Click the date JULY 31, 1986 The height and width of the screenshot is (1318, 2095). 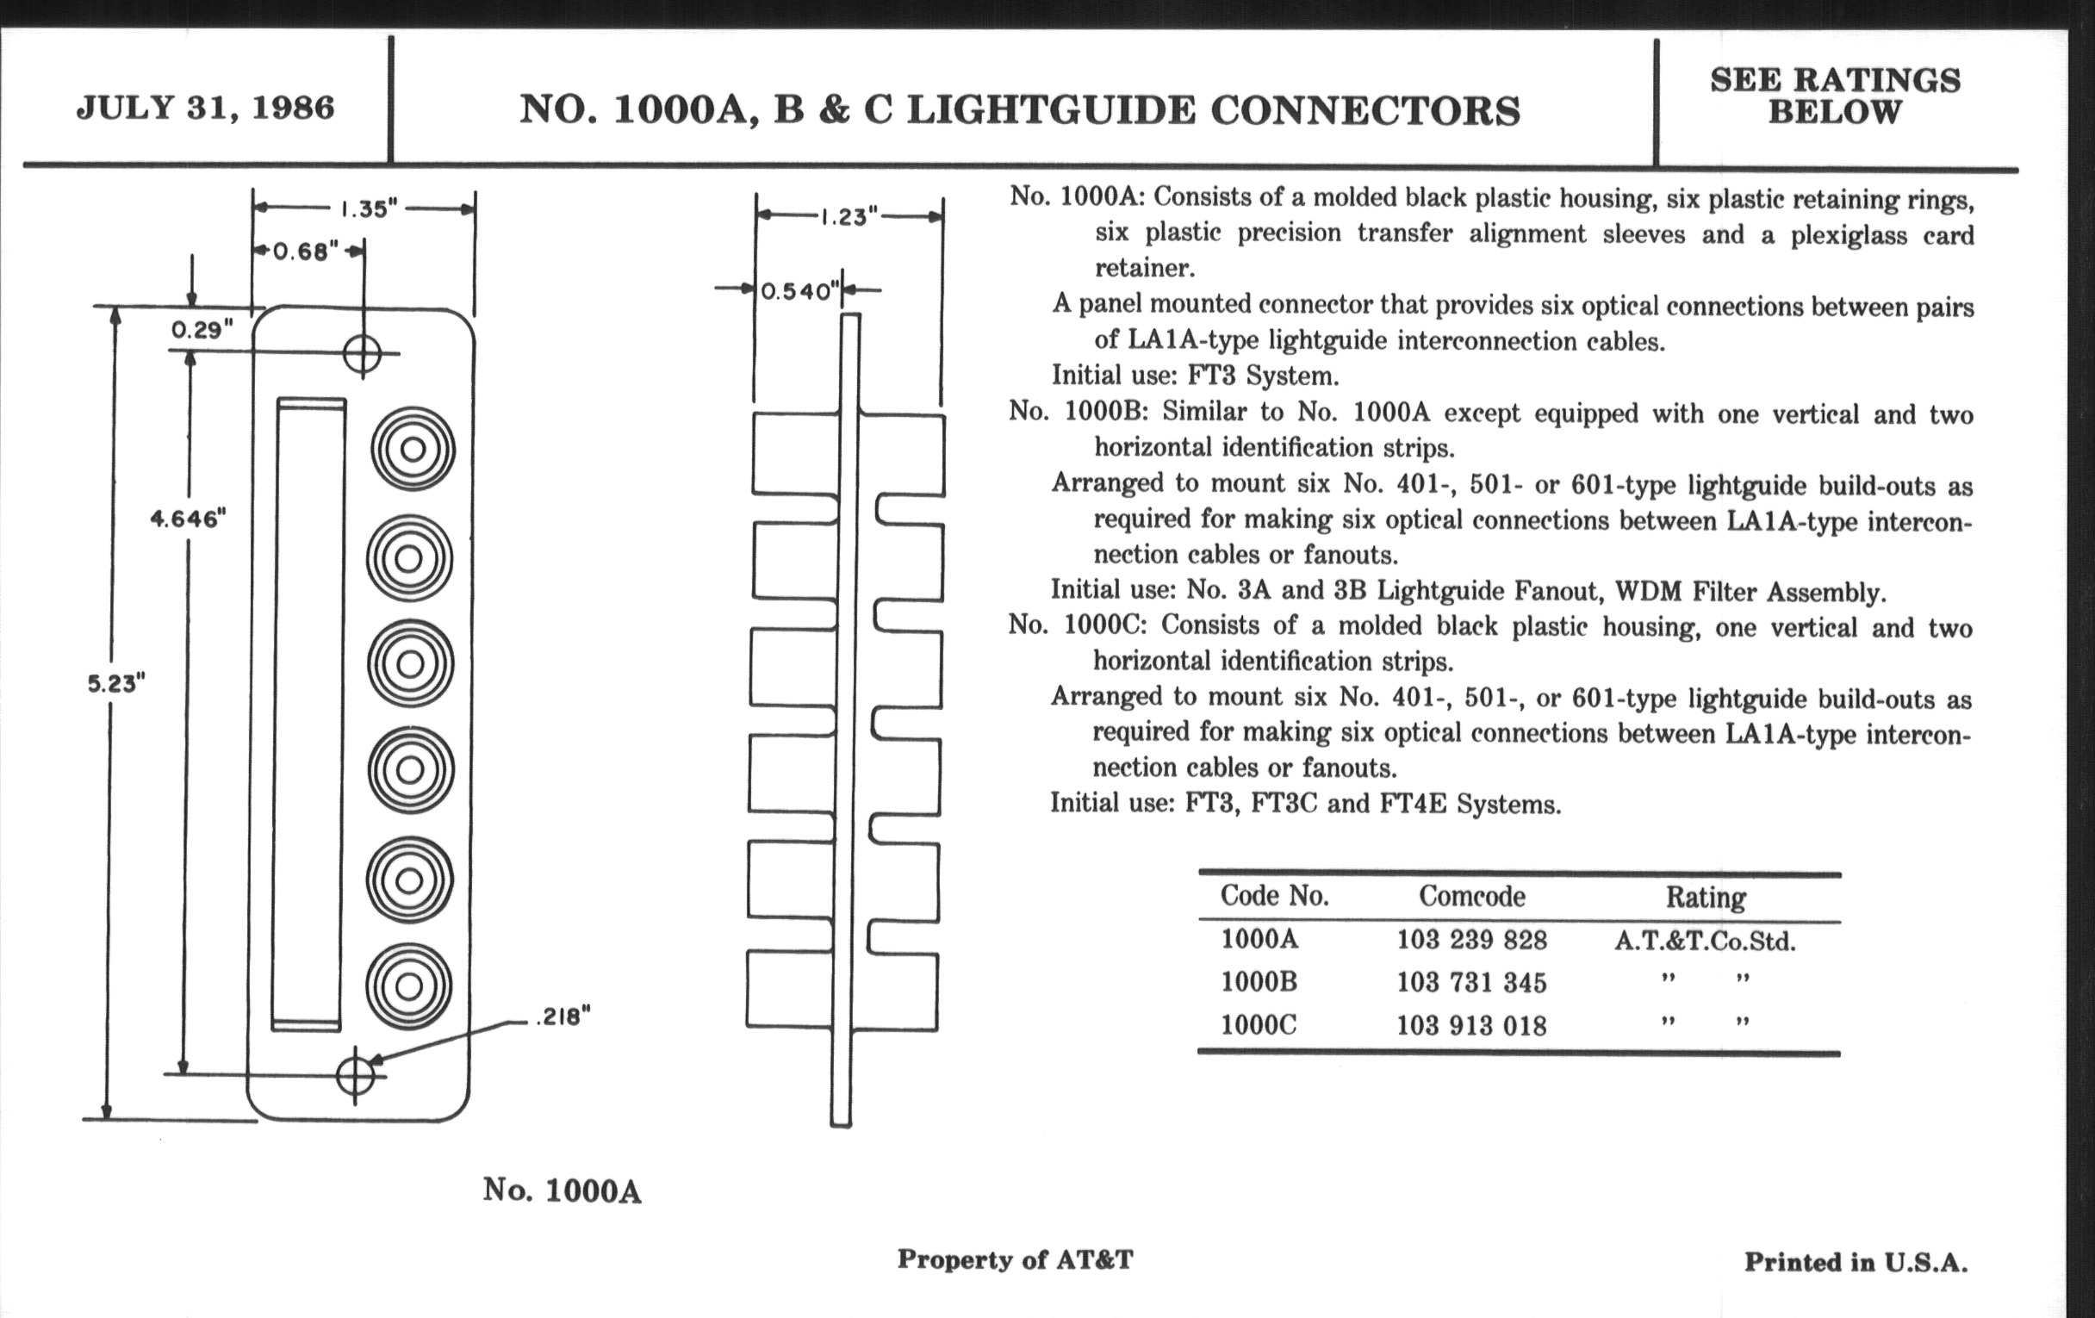click(205, 108)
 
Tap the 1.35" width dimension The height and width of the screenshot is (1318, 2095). click(368, 208)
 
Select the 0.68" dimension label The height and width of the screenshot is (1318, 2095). click(305, 252)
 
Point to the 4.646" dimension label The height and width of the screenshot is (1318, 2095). click(188, 519)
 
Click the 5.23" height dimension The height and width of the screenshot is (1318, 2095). click(115, 683)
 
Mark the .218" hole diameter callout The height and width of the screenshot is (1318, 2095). click(563, 1016)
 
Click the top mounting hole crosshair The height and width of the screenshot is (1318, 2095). click(363, 353)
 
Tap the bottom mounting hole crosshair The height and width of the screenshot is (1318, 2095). click(355, 1075)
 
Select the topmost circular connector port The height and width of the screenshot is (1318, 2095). click(413, 449)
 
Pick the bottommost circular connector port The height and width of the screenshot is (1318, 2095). click(409, 986)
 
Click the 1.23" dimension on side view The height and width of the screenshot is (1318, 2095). click(849, 215)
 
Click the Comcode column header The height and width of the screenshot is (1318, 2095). click(1471, 896)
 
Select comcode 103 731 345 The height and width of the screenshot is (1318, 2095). click(1471, 982)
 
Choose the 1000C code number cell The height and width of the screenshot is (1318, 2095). click(1258, 1025)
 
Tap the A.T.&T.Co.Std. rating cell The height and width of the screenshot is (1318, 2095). click(1705, 941)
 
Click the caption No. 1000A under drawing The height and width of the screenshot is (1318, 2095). click(562, 1191)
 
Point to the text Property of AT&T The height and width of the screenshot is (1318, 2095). click(1015, 1259)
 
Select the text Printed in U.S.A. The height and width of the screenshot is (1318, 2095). click(1855, 1262)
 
